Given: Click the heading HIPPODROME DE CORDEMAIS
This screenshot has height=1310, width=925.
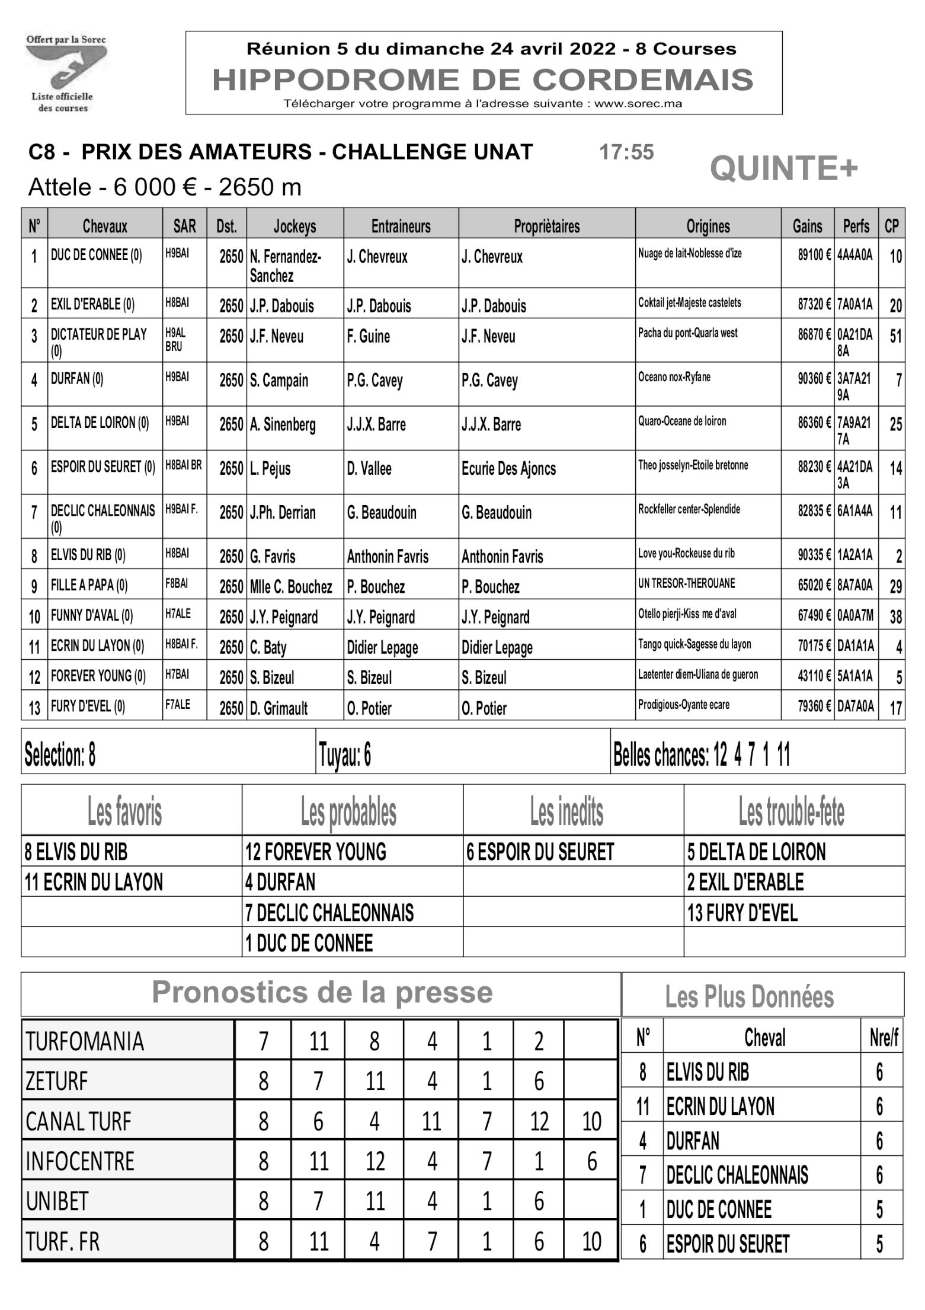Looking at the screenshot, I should [482, 80].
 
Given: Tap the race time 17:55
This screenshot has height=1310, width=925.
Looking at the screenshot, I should [626, 152].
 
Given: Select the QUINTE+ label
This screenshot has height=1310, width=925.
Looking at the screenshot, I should [783, 168].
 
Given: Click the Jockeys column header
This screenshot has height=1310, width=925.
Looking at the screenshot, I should [295, 226].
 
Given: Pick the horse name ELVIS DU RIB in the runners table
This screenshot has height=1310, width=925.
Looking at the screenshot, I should [88, 555].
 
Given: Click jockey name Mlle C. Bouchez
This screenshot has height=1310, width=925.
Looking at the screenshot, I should [291, 587].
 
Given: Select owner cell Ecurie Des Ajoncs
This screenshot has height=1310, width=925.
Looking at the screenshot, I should [508, 469].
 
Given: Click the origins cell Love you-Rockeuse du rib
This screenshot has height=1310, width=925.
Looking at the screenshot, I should [686, 554].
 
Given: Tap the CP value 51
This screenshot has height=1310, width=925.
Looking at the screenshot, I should [894, 336].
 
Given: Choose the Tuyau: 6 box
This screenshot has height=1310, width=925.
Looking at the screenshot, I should [345, 755].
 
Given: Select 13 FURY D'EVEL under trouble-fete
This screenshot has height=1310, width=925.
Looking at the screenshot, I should [742, 913].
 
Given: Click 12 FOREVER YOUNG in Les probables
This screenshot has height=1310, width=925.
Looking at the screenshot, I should [315, 852].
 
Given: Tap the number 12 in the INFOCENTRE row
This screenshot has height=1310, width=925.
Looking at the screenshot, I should [375, 1162].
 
